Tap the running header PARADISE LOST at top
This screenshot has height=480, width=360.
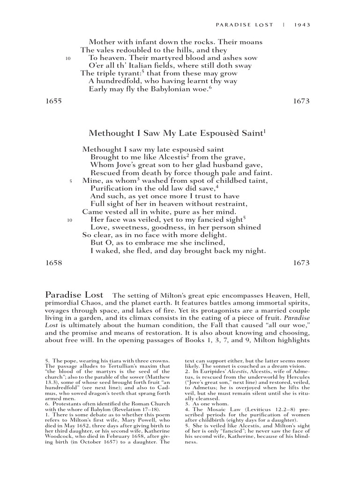click(244, 25)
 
